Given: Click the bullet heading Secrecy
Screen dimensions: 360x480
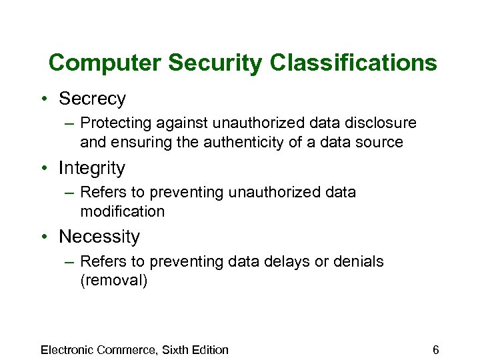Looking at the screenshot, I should (92, 99).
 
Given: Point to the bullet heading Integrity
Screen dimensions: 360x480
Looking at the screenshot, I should (92, 168).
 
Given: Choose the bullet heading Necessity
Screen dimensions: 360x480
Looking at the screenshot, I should (99, 237).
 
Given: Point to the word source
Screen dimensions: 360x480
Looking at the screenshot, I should (380, 142).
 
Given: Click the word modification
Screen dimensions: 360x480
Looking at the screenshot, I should (122, 211).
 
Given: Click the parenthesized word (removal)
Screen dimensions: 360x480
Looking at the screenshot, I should (113, 280).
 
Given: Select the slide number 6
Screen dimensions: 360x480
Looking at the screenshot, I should (435, 350).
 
